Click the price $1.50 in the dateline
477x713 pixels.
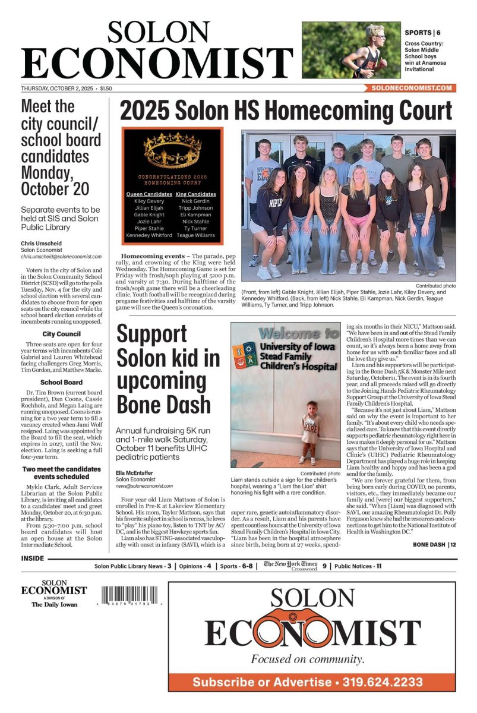click(x=106, y=89)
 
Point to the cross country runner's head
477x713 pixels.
click(x=375, y=32)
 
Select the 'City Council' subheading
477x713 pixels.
click(x=62, y=334)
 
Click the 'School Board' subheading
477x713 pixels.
click(x=62, y=383)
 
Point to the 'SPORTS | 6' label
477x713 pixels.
click(x=423, y=33)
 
